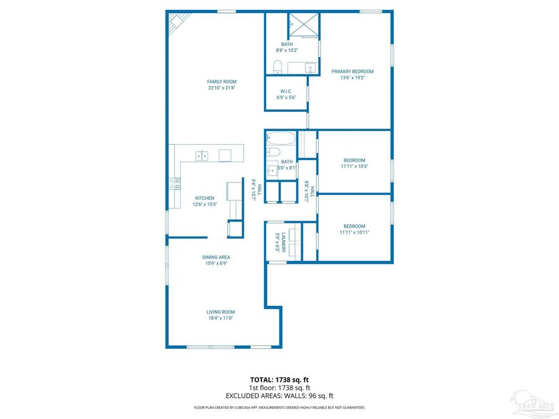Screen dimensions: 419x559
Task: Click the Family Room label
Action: click(x=222, y=81)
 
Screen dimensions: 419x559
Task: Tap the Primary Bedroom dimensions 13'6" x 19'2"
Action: click(x=352, y=78)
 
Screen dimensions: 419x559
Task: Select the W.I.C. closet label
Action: click(x=286, y=91)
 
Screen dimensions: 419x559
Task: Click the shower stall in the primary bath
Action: click(x=304, y=25)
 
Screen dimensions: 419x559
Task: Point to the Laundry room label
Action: click(x=284, y=241)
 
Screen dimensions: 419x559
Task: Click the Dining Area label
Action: click(x=216, y=257)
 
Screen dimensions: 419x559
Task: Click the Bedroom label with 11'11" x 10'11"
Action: click(x=354, y=227)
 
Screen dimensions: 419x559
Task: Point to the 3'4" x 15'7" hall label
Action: click(x=255, y=189)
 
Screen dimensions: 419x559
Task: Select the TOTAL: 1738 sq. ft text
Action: click(x=279, y=379)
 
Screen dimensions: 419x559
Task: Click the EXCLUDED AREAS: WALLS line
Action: click(x=279, y=395)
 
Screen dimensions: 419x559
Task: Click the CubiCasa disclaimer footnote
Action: click(x=279, y=408)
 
